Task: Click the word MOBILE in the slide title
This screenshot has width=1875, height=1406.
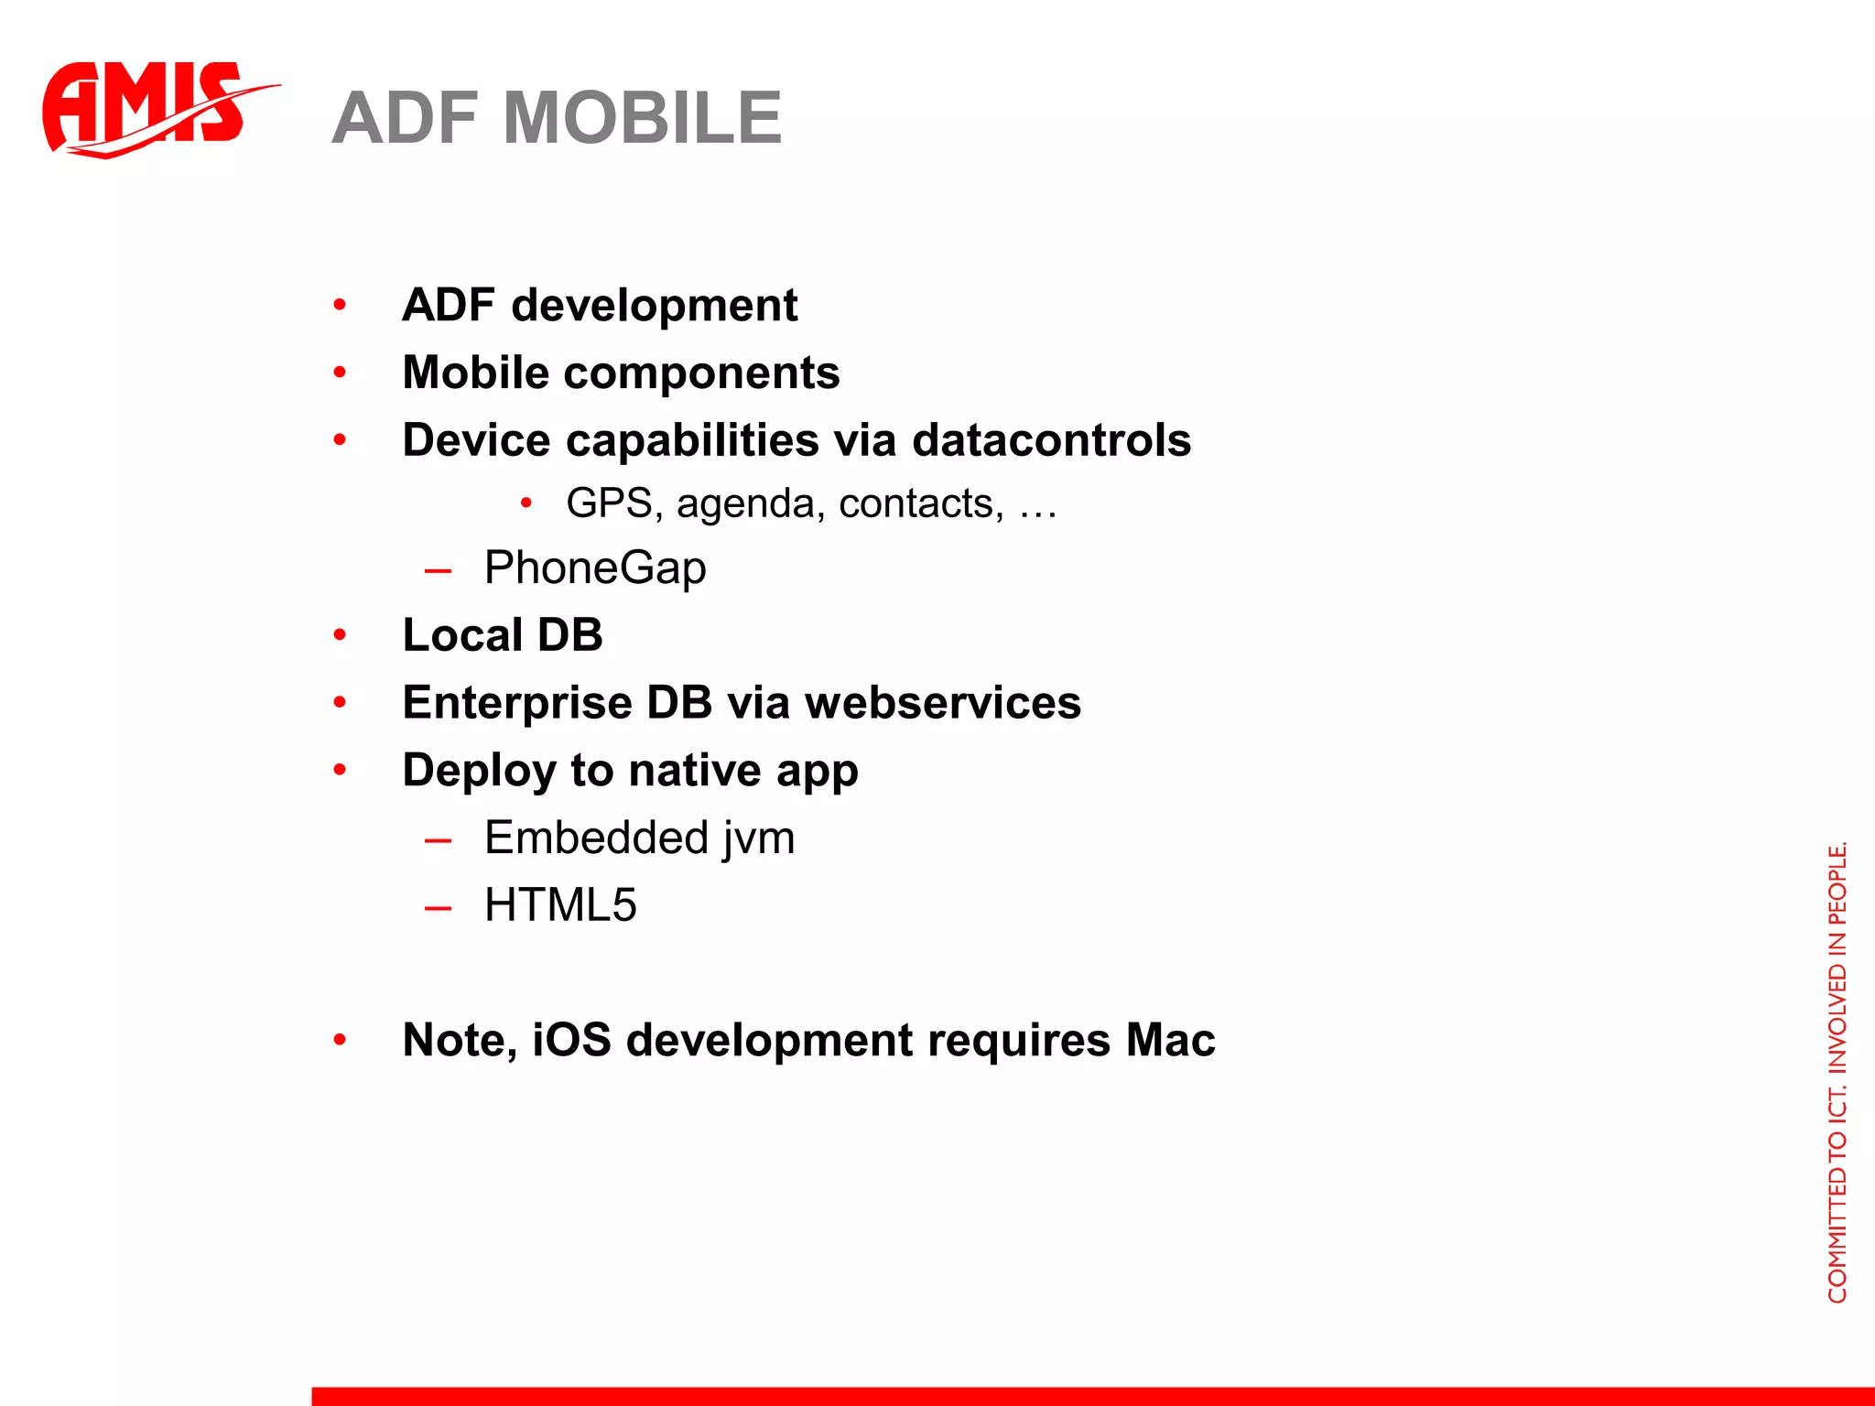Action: pos(643,118)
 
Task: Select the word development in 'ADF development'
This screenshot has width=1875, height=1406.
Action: pos(654,306)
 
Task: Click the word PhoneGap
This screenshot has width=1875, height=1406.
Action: pos(595,568)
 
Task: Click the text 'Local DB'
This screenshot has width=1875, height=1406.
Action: pos(503,635)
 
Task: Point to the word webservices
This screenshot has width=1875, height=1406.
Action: pos(943,703)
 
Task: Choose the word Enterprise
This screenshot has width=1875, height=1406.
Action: pos(517,703)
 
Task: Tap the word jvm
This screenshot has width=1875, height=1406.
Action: pos(757,838)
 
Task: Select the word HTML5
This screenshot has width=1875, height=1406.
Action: pos(560,905)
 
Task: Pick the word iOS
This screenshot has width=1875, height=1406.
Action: pos(571,1040)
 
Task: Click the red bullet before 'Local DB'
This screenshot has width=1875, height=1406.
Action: pos(340,634)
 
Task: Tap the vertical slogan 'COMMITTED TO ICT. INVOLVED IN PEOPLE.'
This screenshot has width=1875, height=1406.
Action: pos(1837,1071)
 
